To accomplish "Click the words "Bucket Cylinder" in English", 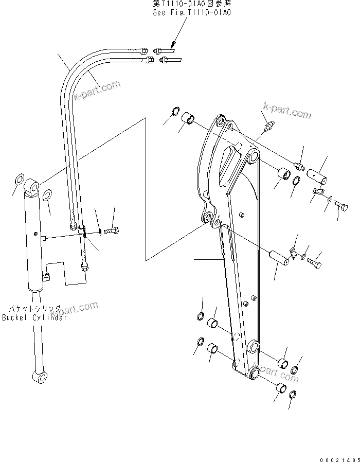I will (x=34, y=318).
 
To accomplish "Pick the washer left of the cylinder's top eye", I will (x=17, y=181).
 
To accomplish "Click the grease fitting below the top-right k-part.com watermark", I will (x=269, y=125).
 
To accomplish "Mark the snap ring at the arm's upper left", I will (x=175, y=112).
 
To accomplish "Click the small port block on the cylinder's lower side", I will (x=47, y=278).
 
